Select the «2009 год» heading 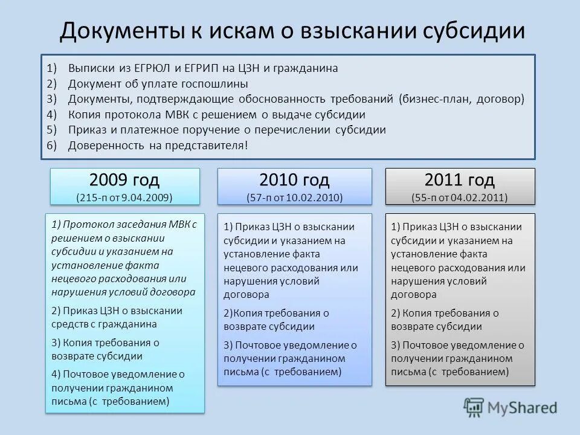[x=124, y=179]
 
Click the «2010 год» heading [x=294, y=179]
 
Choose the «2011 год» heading [x=460, y=179]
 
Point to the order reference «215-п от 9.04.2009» [x=124, y=197]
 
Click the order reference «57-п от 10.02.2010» [x=294, y=197]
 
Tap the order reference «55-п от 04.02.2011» [x=460, y=197]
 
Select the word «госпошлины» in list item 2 [x=216, y=84]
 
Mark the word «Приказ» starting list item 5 [x=85, y=129]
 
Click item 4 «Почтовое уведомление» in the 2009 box [x=118, y=374]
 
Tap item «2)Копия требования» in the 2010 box [x=276, y=313]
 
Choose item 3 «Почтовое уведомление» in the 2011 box [x=457, y=346]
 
